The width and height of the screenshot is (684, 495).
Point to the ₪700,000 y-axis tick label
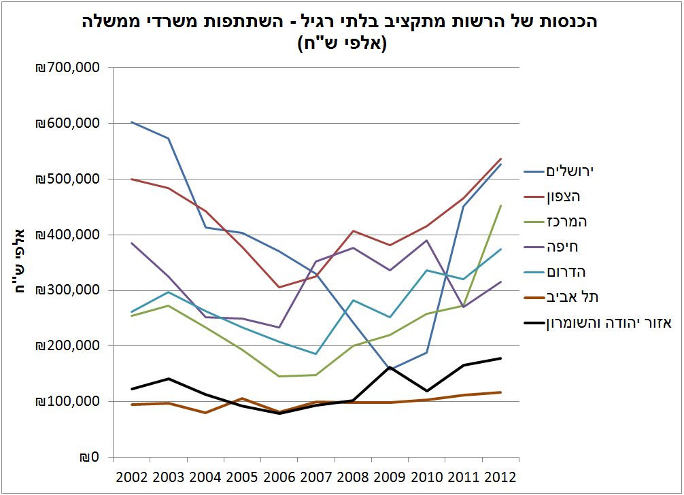pyautogui.click(x=67, y=68)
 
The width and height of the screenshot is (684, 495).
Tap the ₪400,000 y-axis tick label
pyautogui.click(x=67, y=235)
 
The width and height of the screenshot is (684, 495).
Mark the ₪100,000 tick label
pyautogui.click(x=67, y=401)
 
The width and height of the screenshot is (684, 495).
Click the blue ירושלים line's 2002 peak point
pyautogui.click(x=131, y=122)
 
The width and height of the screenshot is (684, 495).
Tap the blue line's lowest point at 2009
pyautogui.click(x=390, y=370)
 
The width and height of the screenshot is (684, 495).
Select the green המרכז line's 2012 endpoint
pyautogui.click(x=500, y=205)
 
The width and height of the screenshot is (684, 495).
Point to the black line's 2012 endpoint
pyautogui.click(x=500, y=358)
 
